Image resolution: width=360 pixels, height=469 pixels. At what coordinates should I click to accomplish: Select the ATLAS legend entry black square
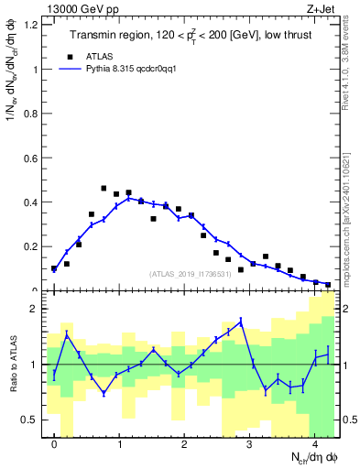click(x=82, y=55)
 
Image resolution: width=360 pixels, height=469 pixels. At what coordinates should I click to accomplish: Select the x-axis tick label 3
click(x=249, y=444)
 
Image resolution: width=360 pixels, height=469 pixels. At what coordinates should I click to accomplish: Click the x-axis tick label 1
click(x=119, y=444)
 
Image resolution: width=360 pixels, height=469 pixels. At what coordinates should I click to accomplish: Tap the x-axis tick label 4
click(x=314, y=444)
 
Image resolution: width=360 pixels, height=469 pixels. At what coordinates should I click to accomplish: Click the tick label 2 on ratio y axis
click(x=38, y=309)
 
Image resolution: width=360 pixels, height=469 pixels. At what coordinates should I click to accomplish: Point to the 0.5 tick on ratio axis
click(x=34, y=420)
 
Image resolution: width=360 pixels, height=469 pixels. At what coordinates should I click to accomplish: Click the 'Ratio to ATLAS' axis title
click(x=12, y=365)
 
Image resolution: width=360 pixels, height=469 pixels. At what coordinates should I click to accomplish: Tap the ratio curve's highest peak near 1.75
click(x=240, y=322)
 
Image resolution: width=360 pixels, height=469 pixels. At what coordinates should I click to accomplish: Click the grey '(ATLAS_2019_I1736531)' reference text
click(x=190, y=274)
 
